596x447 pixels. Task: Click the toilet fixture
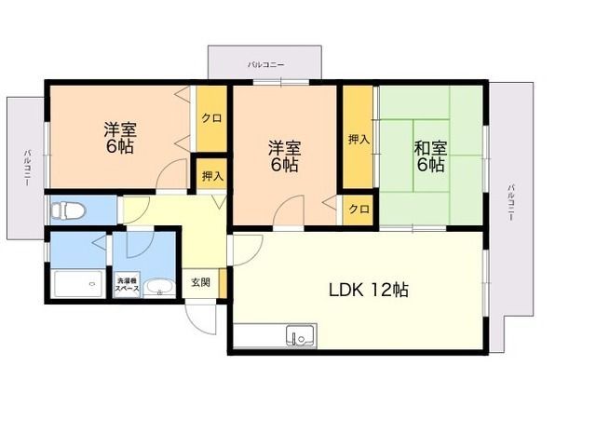pos(68,210)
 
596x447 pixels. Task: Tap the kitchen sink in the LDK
pos(302,335)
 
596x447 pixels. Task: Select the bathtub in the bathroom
pos(78,283)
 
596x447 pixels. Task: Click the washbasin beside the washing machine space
pos(160,288)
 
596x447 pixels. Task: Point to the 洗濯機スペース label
pos(128,285)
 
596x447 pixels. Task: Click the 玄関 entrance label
pos(201,282)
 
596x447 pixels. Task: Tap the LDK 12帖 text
pos(369,291)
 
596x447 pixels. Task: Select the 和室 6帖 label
pos(430,156)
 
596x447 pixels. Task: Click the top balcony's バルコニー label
pos(265,64)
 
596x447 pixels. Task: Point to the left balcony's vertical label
pos(28,168)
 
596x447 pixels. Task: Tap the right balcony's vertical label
pos(511,202)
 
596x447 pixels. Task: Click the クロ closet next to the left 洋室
pos(211,118)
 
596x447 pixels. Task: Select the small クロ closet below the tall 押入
pos(359,209)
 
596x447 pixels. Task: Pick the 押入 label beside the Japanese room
pos(359,140)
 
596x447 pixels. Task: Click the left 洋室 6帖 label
pos(120,138)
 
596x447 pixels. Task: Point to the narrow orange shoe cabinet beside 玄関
pos(223,283)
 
